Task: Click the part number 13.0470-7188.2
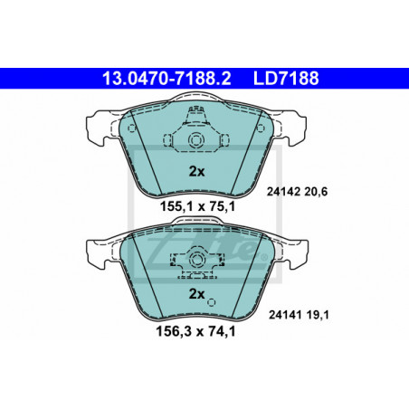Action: [166, 79]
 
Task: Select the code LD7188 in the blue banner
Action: [286, 79]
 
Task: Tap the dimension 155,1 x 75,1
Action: [197, 207]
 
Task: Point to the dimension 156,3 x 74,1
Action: [195, 331]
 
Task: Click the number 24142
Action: [283, 192]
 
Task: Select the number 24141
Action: [285, 315]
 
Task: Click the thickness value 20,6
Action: [316, 192]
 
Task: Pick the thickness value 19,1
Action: [318, 315]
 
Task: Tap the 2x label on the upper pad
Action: [196, 172]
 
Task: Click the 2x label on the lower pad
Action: [196, 294]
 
